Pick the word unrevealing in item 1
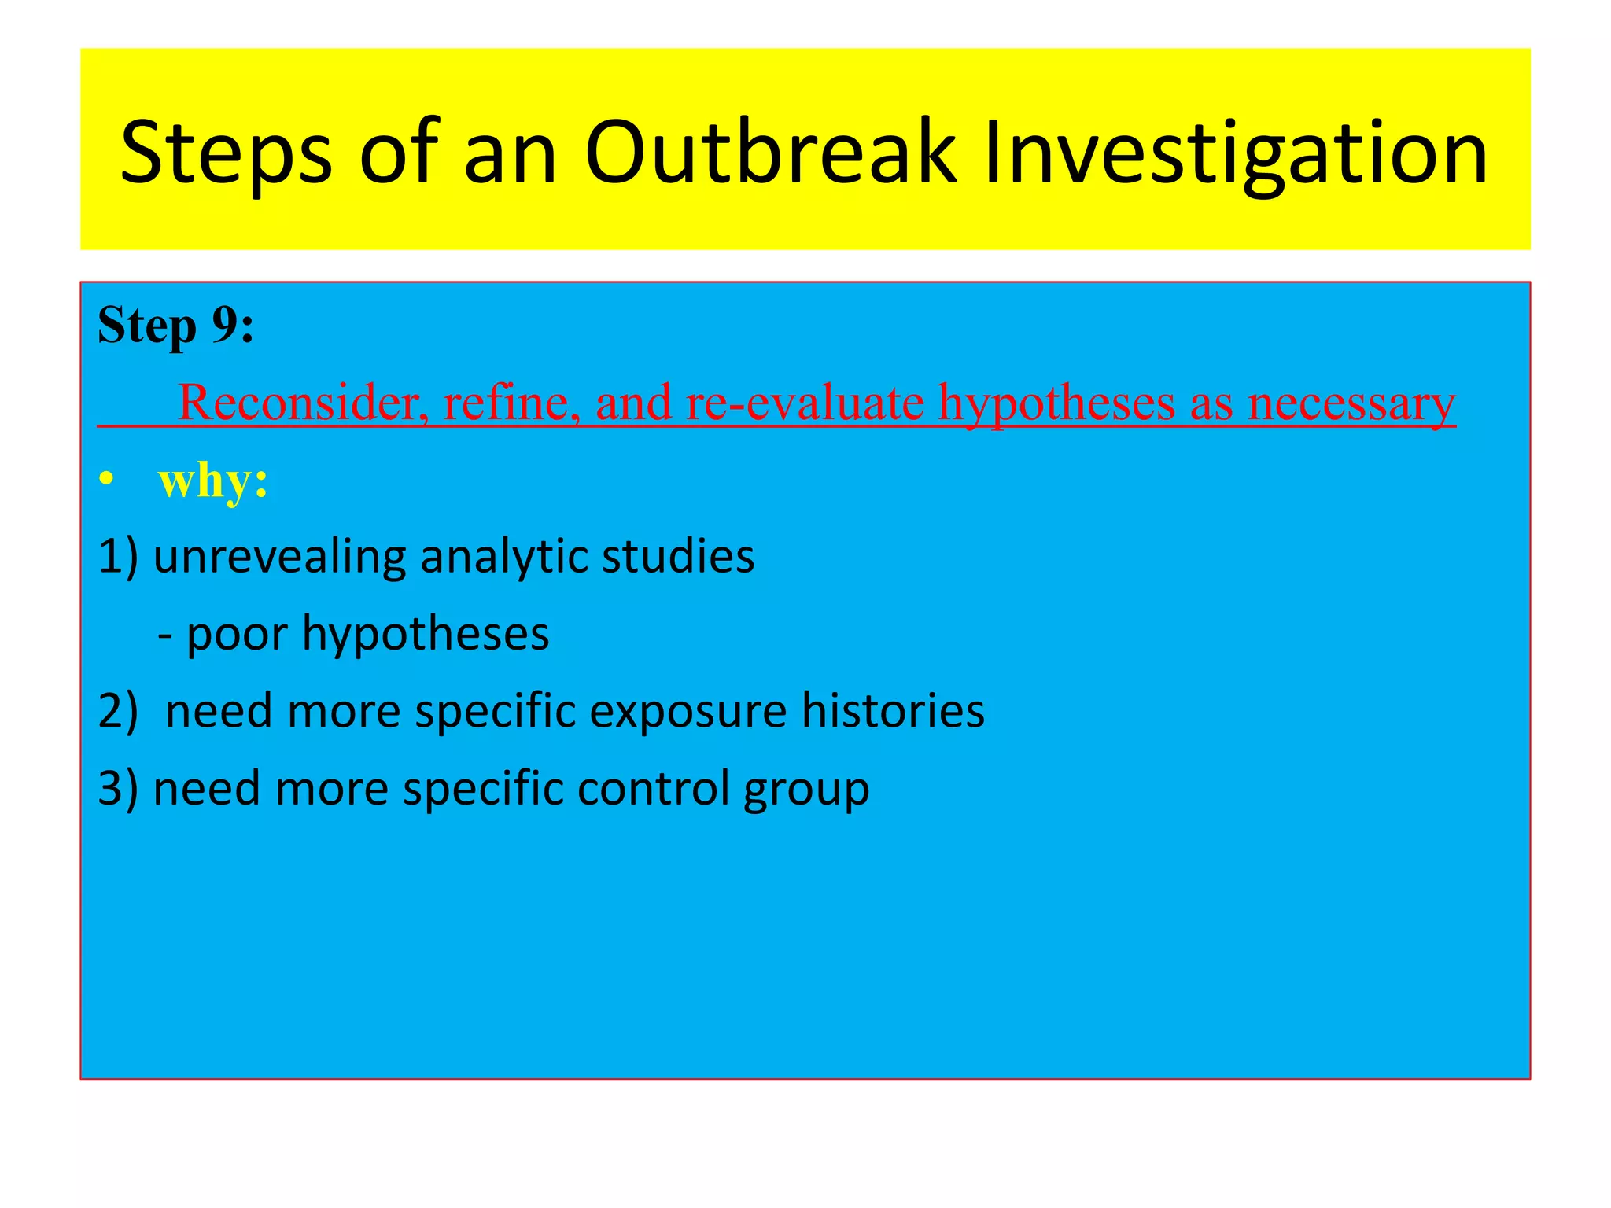click(x=280, y=556)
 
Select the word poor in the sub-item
click(x=237, y=634)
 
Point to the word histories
click(x=893, y=710)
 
